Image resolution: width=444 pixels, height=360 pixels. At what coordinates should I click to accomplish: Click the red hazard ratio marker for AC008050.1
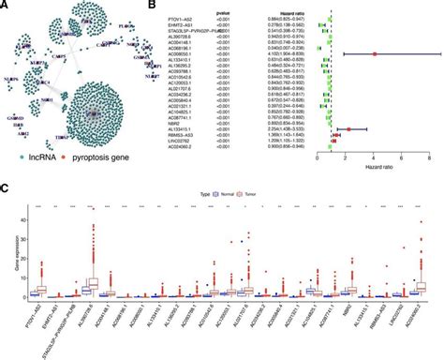[375, 54]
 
